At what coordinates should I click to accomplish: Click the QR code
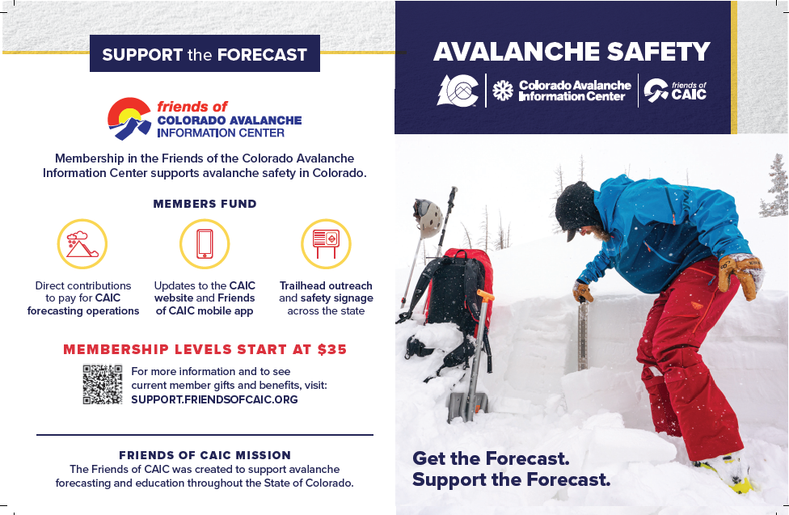coord(103,384)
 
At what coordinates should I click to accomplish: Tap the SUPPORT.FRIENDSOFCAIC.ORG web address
coord(214,399)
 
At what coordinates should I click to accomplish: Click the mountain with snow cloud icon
coord(82,244)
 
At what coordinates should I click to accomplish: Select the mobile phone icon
coord(205,244)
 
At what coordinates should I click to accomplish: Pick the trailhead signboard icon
coord(326,243)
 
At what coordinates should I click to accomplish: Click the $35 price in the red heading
coord(331,349)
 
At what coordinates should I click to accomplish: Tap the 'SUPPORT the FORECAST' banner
coord(205,55)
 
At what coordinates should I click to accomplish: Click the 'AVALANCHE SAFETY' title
coord(572,52)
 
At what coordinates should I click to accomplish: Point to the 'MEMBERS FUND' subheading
coord(205,204)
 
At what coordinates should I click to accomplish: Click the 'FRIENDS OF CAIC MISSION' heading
coord(205,454)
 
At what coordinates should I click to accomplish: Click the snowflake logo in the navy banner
coord(503,91)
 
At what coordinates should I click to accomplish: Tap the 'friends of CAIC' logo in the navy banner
coord(675,91)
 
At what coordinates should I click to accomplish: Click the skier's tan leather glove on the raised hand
coord(740,273)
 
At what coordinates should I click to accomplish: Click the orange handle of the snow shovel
coord(485,297)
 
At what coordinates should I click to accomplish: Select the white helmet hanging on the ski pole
coord(428,217)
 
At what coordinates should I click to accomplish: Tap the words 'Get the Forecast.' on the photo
coord(491,458)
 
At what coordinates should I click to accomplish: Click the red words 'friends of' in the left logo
coord(192,107)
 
